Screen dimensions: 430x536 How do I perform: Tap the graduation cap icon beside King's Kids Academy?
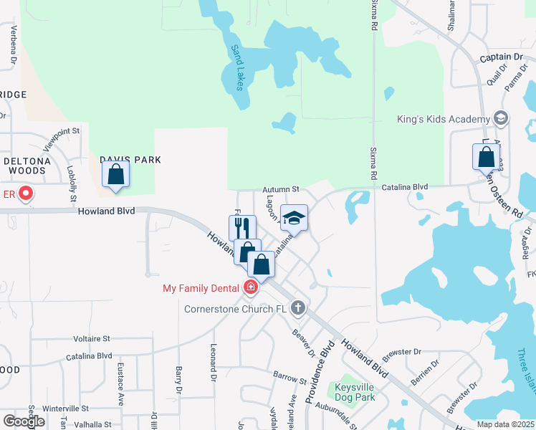click(x=500, y=118)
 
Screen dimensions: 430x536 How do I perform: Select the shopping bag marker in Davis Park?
click(x=115, y=174)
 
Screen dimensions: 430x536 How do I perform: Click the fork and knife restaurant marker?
click(x=242, y=228)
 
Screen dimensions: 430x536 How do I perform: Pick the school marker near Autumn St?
click(x=294, y=218)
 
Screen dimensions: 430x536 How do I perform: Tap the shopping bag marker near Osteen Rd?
click(x=486, y=156)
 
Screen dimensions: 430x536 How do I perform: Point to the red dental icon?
click(x=250, y=288)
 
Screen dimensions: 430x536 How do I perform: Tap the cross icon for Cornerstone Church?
click(x=299, y=310)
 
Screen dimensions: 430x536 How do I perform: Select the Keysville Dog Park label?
click(x=355, y=391)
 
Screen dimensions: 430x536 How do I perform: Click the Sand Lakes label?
click(x=237, y=67)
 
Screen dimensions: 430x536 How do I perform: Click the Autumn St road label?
click(x=279, y=189)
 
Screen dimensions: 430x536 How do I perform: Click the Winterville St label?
click(x=64, y=408)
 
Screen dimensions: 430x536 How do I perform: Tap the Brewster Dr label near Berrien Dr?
click(x=403, y=352)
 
